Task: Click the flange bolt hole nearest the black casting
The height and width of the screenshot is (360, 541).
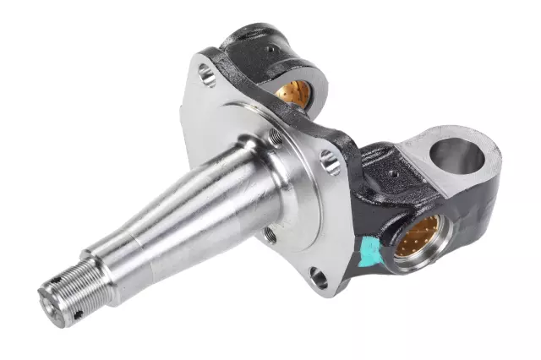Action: [331, 161]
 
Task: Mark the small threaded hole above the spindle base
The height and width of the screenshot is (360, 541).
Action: [274, 136]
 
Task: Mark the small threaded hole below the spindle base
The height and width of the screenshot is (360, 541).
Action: [270, 233]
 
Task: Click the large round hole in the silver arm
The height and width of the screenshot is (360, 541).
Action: [458, 155]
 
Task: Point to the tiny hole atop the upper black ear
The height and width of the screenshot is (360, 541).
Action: [270, 50]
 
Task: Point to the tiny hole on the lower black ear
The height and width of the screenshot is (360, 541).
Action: [391, 175]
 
